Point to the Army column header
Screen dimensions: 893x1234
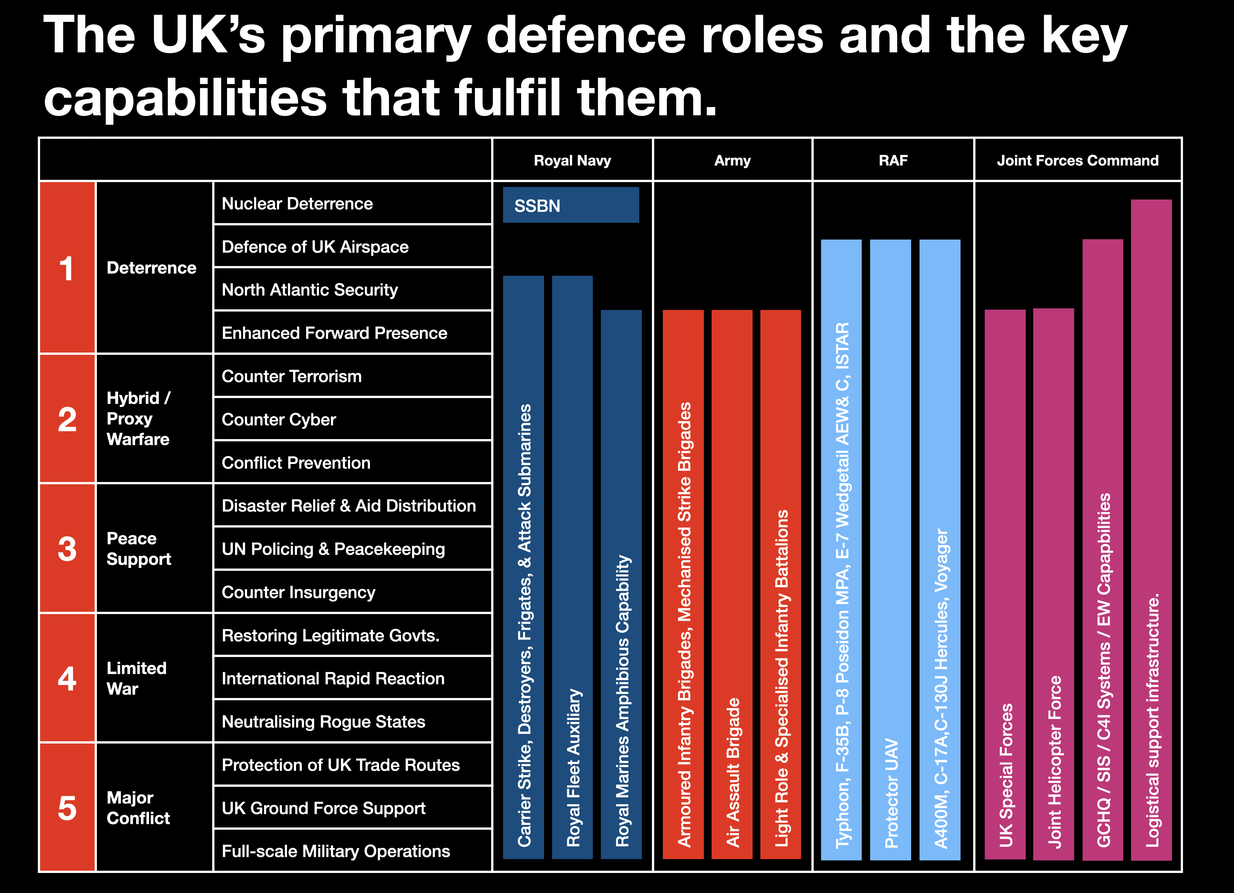pos(732,160)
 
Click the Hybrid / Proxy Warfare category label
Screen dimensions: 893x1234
pos(139,418)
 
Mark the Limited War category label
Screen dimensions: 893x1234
pos(136,678)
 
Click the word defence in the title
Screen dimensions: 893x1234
pos(585,36)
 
